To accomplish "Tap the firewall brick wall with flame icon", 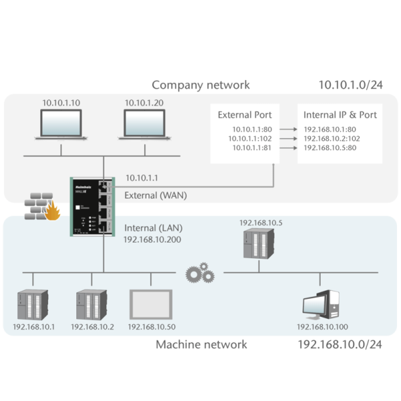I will tap(41, 208).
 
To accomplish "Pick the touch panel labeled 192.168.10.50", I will tap(151, 305).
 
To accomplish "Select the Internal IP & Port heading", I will tap(340, 115).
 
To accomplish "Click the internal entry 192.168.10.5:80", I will tap(330, 148).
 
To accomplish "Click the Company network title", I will tap(200, 85).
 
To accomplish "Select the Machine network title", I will tap(201, 344).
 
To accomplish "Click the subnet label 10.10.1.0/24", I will tap(350, 85).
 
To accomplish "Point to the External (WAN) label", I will tap(156, 195).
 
